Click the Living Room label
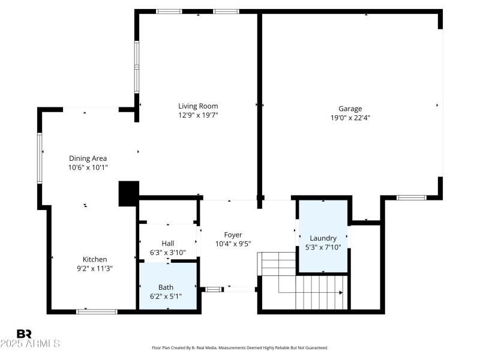point(197,106)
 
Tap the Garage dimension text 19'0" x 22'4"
point(350,118)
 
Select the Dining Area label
point(88,158)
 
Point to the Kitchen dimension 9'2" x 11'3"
point(95,268)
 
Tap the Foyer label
point(233,235)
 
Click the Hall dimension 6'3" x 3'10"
point(168,252)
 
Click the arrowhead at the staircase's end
point(341,293)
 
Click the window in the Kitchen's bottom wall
point(97,311)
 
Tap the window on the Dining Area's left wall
point(40,157)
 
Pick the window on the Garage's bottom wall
point(412,197)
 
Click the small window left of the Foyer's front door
point(213,290)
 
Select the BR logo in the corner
point(24,334)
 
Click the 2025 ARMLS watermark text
point(30,344)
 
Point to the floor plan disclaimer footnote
point(240,347)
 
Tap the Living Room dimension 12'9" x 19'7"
point(197,115)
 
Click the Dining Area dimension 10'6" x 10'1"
point(88,167)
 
